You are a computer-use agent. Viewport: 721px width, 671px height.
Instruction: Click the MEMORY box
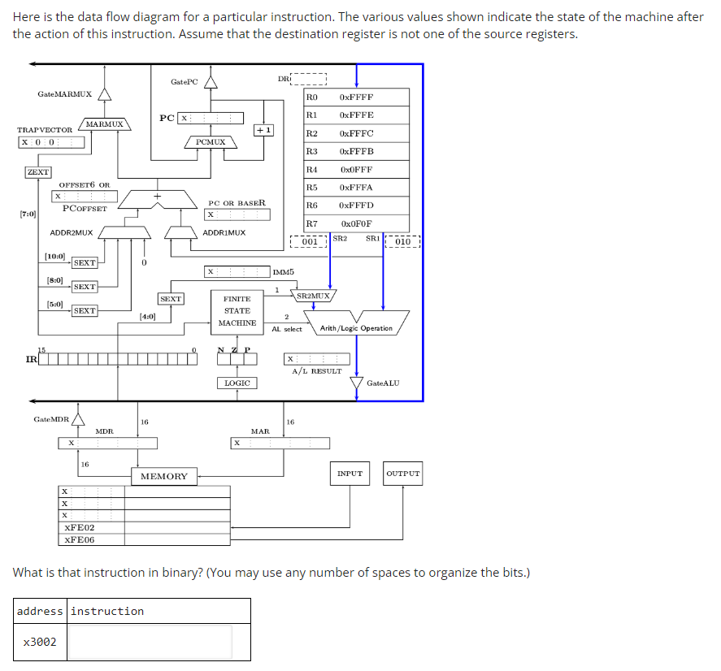click(163, 476)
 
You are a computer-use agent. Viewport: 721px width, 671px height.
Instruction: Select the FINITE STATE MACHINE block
click(237, 311)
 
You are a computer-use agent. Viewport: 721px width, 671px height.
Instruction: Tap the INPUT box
click(350, 473)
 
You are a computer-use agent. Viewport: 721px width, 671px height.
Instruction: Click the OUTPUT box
click(403, 473)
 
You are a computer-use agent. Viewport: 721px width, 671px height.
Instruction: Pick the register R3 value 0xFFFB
click(357, 151)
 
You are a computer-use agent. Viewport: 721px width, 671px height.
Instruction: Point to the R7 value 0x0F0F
click(357, 223)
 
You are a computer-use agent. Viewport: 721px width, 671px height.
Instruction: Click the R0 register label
click(311, 97)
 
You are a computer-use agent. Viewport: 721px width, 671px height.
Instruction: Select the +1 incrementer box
click(264, 130)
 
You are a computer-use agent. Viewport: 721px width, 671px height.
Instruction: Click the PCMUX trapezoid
click(211, 142)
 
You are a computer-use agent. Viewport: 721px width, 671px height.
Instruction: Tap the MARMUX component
click(104, 124)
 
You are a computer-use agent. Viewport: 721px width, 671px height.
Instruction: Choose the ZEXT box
click(37, 172)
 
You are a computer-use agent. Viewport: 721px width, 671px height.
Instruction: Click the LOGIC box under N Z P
click(237, 382)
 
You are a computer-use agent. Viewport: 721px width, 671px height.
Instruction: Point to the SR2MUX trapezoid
click(314, 296)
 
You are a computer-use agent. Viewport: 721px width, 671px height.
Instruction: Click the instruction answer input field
click(151, 642)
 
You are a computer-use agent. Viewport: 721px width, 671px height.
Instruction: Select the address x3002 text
click(40, 642)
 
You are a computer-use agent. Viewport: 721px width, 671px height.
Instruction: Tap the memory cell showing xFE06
click(80, 539)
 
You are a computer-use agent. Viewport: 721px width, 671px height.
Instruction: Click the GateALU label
click(383, 383)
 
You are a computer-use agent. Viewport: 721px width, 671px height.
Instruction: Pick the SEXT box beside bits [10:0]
click(85, 262)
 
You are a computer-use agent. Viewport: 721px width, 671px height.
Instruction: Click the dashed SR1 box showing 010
click(403, 241)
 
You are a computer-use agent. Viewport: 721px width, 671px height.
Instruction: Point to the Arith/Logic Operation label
click(356, 328)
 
